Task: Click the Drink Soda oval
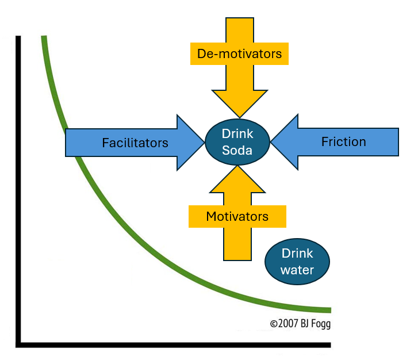click(x=237, y=142)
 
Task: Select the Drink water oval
click(x=297, y=262)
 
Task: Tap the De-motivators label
click(x=239, y=54)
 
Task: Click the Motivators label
click(x=237, y=217)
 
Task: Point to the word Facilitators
click(x=135, y=143)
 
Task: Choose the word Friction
click(x=343, y=142)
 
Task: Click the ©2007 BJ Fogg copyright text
click(x=300, y=324)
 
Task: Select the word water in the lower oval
click(x=297, y=269)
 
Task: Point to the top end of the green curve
click(x=43, y=38)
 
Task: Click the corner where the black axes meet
click(x=19, y=344)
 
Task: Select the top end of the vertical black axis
click(x=18, y=38)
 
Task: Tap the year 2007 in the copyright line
click(x=287, y=324)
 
